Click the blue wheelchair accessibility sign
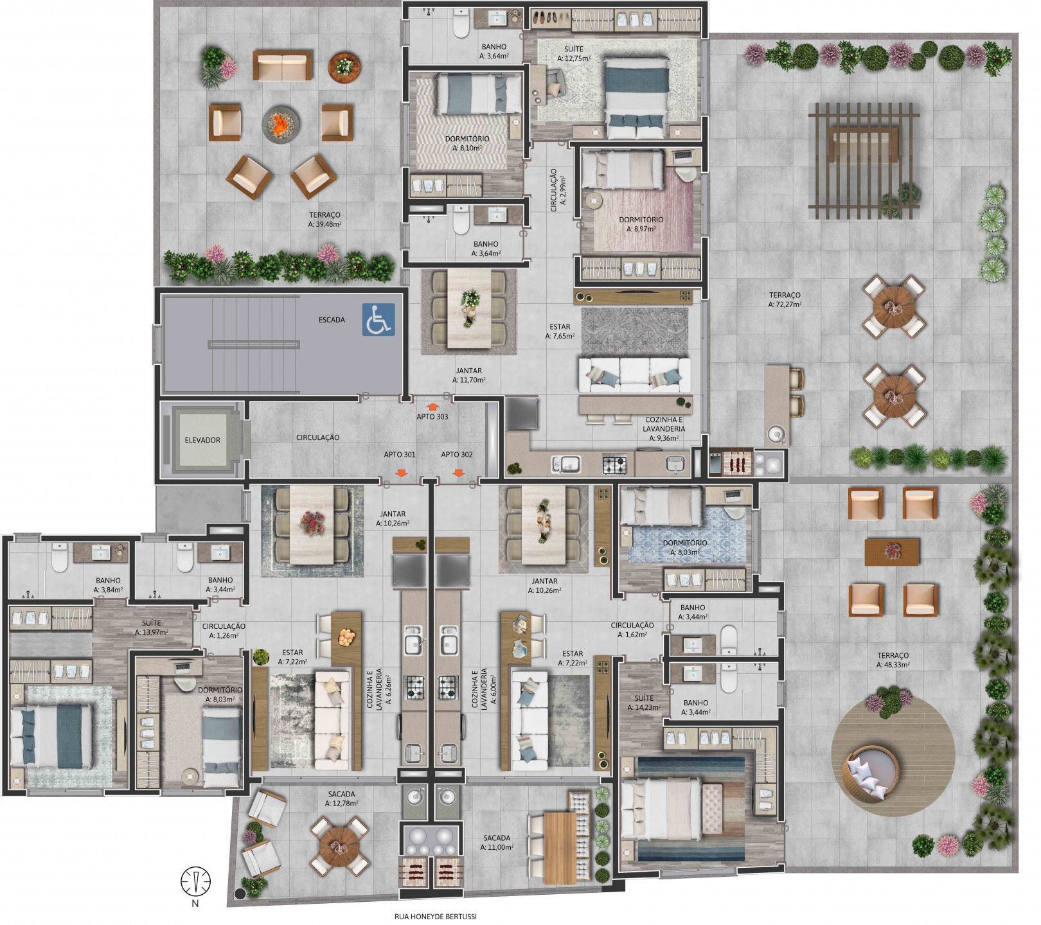(378, 319)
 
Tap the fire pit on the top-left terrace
(281, 123)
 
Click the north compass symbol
(196, 883)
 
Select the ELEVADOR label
(202, 441)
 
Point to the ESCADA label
(332, 319)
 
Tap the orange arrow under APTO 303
(432, 406)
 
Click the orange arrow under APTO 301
(401, 473)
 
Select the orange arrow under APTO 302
(459, 473)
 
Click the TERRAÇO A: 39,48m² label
(325, 220)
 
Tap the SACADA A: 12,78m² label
(341, 798)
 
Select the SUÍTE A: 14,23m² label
(644, 703)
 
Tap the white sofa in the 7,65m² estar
(634, 376)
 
